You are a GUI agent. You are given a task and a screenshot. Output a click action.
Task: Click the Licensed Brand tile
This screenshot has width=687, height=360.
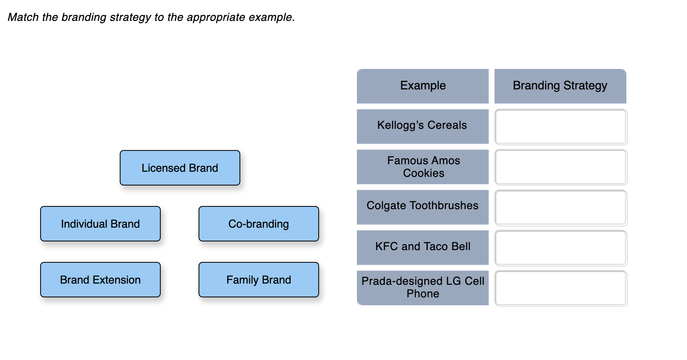pyautogui.click(x=180, y=168)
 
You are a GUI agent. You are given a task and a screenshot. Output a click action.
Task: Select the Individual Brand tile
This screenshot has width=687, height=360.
pyautogui.click(x=100, y=224)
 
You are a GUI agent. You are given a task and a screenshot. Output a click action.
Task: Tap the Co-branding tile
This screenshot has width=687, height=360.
pyautogui.click(x=259, y=224)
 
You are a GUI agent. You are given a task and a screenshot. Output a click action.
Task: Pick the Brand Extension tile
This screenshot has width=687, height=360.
pyautogui.click(x=100, y=280)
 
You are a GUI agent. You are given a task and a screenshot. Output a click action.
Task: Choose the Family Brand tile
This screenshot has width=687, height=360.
pyautogui.click(x=259, y=280)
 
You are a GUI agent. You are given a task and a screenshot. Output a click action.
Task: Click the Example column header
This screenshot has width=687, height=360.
pyautogui.click(x=423, y=86)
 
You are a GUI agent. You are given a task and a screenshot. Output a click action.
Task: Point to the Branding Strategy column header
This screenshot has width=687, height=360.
pyautogui.click(x=560, y=86)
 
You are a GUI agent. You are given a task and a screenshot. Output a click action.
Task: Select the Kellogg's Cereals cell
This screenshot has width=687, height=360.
pyautogui.click(x=423, y=126)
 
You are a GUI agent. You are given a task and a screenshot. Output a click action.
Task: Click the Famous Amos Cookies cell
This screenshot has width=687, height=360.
pyautogui.click(x=423, y=167)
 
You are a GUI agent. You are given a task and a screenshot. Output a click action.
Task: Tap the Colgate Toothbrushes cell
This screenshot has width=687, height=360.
pyautogui.click(x=423, y=207)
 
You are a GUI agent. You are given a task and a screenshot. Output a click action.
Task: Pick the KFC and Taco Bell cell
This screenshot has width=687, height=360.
pyautogui.click(x=423, y=247)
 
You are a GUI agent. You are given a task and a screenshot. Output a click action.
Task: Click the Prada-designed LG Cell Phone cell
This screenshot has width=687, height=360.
pyautogui.click(x=423, y=288)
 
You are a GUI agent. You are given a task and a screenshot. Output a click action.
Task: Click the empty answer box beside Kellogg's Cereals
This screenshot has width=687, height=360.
pyautogui.click(x=561, y=127)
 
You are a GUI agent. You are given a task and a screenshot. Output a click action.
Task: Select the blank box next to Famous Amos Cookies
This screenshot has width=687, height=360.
pyautogui.click(x=561, y=167)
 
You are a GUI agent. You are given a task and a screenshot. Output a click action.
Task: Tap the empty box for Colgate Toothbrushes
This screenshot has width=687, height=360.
pyautogui.click(x=561, y=208)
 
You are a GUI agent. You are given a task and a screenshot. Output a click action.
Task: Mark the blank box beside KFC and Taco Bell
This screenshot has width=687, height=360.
pyautogui.click(x=561, y=248)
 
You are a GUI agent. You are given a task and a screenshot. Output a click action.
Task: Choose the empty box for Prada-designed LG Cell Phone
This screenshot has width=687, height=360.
pyautogui.click(x=561, y=288)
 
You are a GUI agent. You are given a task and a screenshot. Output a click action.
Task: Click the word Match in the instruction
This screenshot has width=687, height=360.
pyautogui.click(x=23, y=17)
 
